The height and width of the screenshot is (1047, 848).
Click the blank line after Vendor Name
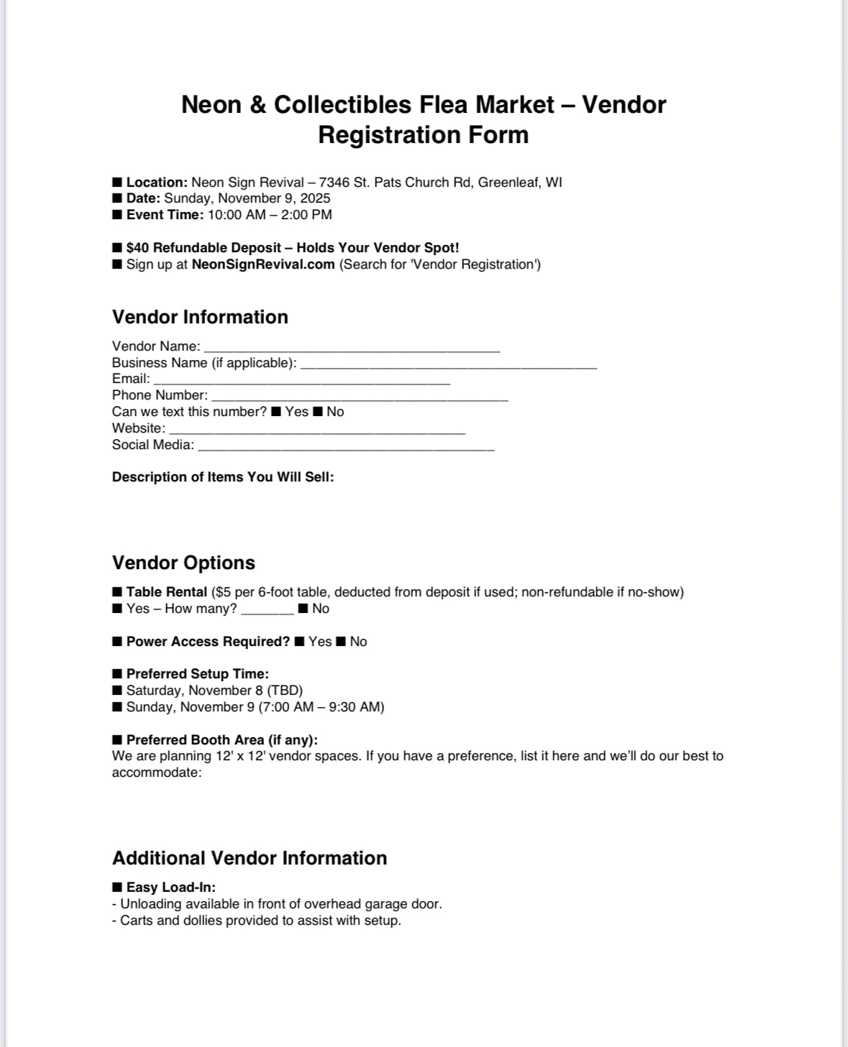[x=352, y=349]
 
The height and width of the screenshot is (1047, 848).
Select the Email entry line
[x=301, y=381]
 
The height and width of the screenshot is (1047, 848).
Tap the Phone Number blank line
[x=360, y=397]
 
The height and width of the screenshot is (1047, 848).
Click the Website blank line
[x=316, y=430]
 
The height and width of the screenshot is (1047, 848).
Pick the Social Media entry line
[x=346, y=447]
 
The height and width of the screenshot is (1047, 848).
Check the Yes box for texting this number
[x=276, y=412]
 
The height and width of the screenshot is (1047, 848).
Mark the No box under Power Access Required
[x=341, y=642]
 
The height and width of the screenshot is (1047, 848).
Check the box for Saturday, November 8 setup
[x=117, y=691]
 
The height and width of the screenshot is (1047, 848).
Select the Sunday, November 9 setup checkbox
[x=117, y=707]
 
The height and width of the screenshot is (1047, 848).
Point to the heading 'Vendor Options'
[x=183, y=563]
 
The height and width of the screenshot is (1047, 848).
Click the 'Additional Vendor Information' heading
[x=250, y=858]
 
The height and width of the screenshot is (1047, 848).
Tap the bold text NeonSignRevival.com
[x=263, y=264]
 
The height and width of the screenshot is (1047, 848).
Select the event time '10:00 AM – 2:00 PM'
[x=270, y=215]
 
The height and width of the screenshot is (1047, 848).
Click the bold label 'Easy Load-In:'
[x=171, y=887]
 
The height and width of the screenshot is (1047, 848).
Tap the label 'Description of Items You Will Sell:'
[x=223, y=477]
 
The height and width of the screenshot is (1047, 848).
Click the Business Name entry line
[x=448, y=365]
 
